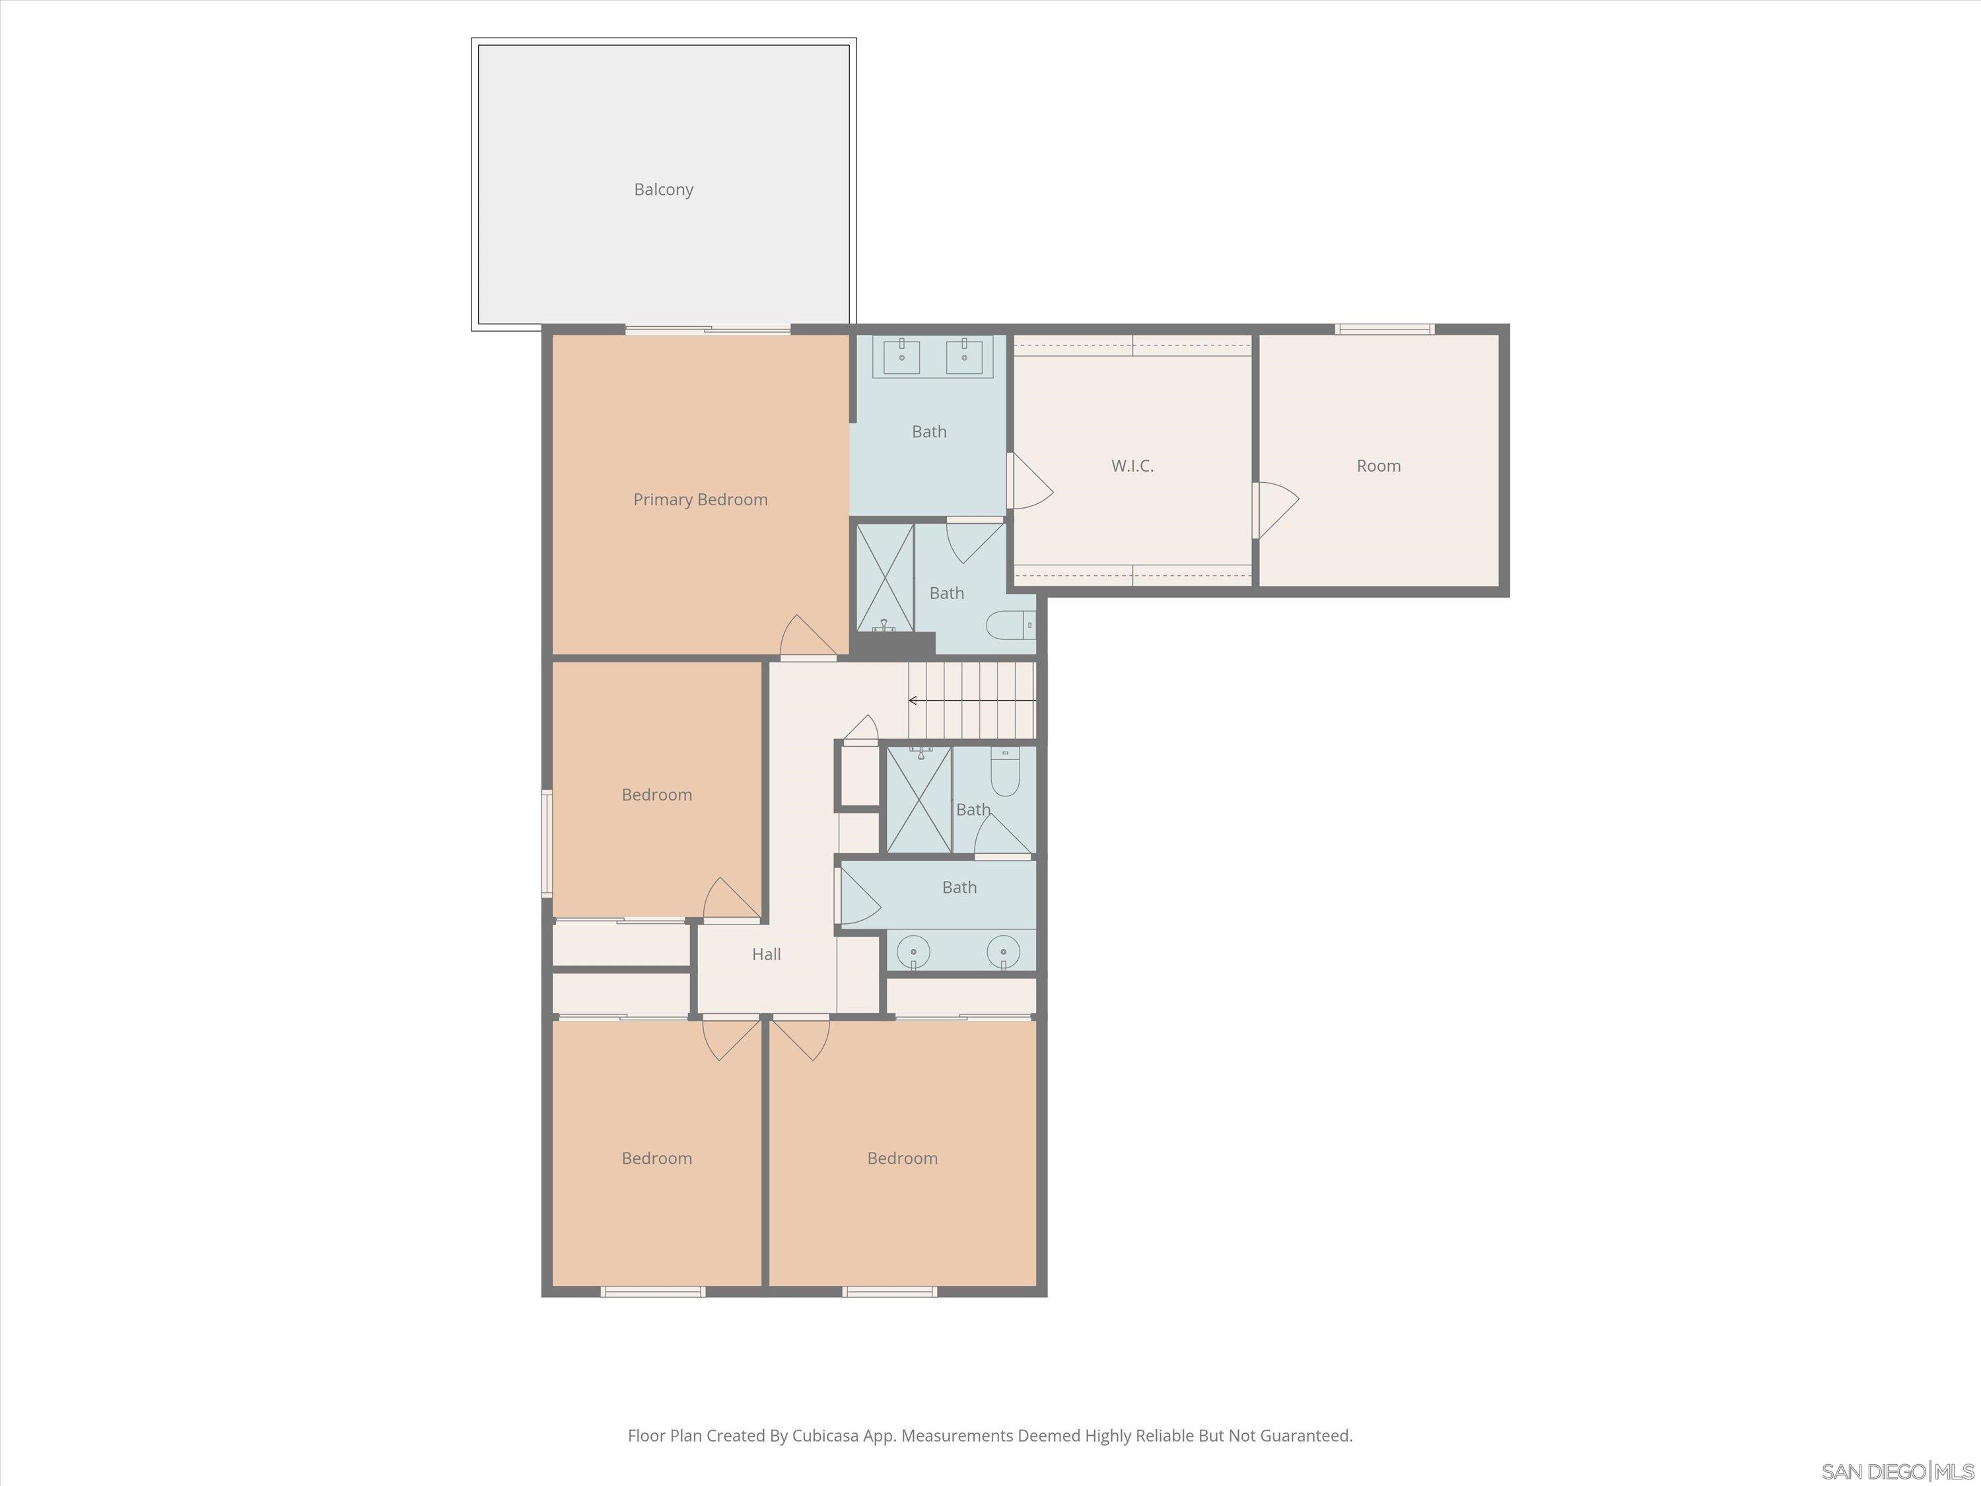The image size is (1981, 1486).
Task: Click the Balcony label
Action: click(664, 189)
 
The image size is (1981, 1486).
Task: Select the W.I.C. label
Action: click(1132, 466)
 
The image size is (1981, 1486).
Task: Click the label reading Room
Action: click(1378, 466)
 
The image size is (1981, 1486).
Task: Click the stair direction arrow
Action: click(913, 701)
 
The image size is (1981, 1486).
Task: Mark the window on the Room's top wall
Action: click(1385, 330)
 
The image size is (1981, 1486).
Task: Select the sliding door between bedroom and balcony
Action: click(707, 330)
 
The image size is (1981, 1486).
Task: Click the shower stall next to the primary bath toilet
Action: click(885, 579)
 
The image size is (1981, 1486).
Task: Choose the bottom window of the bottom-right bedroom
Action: click(889, 1292)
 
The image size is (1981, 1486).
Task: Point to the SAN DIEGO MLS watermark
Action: click(1898, 1471)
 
